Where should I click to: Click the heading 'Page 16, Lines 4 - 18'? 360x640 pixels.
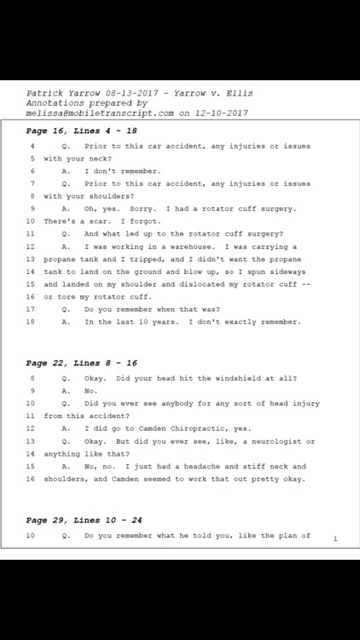tap(82, 131)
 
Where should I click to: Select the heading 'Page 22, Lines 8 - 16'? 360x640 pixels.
tap(82, 363)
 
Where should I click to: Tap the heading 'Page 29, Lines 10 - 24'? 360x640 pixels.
tap(85, 520)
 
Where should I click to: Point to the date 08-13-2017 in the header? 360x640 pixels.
tap(111, 93)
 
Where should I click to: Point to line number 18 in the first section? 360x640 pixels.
tap(31, 322)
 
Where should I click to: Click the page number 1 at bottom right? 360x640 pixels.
tap(335, 538)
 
